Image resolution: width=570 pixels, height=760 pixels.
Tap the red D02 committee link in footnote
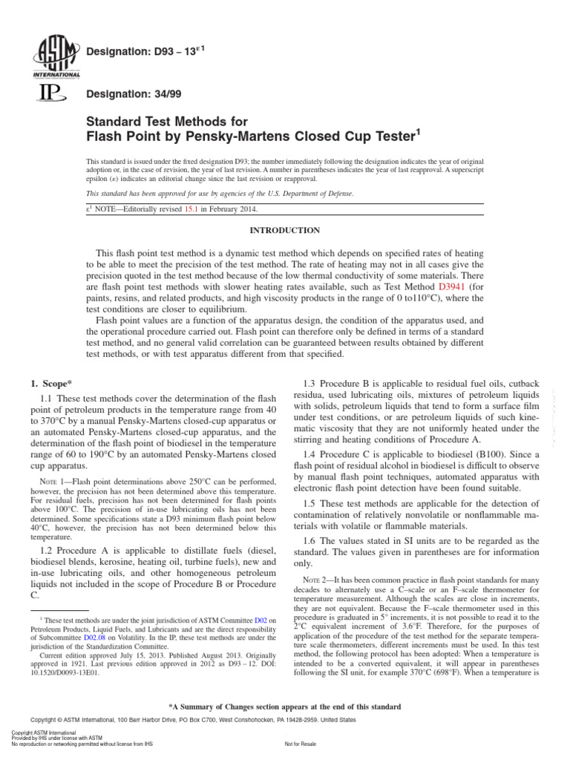point(261,619)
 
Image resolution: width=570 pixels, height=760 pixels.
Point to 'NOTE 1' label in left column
point(53,481)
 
